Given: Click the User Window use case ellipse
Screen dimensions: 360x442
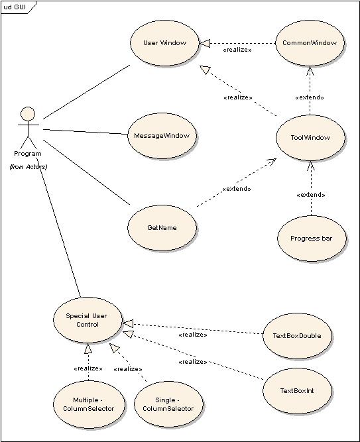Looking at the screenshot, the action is [x=165, y=43].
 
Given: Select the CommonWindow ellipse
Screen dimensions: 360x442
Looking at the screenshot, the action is [x=310, y=43].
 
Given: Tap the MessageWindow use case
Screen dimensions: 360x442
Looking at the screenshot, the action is [x=162, y=136].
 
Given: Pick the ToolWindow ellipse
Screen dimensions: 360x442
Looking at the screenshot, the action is [x=310, y=138].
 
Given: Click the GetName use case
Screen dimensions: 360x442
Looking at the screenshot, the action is [x=162, y=228].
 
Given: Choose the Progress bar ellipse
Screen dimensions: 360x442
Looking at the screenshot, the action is [x=312, y=239].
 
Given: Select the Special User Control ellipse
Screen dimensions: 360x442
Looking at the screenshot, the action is [x=88, y=320].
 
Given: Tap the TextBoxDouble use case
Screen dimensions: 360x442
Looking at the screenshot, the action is [x=297, y=336].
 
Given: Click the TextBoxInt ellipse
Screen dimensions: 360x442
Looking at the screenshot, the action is [x=297, y=391].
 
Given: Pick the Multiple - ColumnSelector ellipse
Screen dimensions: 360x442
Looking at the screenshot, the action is [x=89, y=404].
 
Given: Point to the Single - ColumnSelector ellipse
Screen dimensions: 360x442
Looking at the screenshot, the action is [x=168, y=404].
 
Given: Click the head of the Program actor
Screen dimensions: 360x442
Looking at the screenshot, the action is [x=28, y=114].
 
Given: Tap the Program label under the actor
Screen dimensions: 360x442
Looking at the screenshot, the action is [x=28, y=154].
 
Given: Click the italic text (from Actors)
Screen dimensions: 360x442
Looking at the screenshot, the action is [x=29, y=166].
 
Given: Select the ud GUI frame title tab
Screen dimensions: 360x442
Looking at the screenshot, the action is [x=18, y=7].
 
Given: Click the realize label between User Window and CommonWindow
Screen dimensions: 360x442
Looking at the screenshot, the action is [x=237, y=50].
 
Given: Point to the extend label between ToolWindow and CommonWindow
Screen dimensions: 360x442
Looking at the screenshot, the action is [x=310, y=97].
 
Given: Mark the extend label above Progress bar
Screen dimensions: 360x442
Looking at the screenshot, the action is [x=311, y=195].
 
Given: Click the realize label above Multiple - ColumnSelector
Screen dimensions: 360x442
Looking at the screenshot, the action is [x=88, y=368].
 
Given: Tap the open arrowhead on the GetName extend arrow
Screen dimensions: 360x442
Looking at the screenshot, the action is [x=272, y=162].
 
